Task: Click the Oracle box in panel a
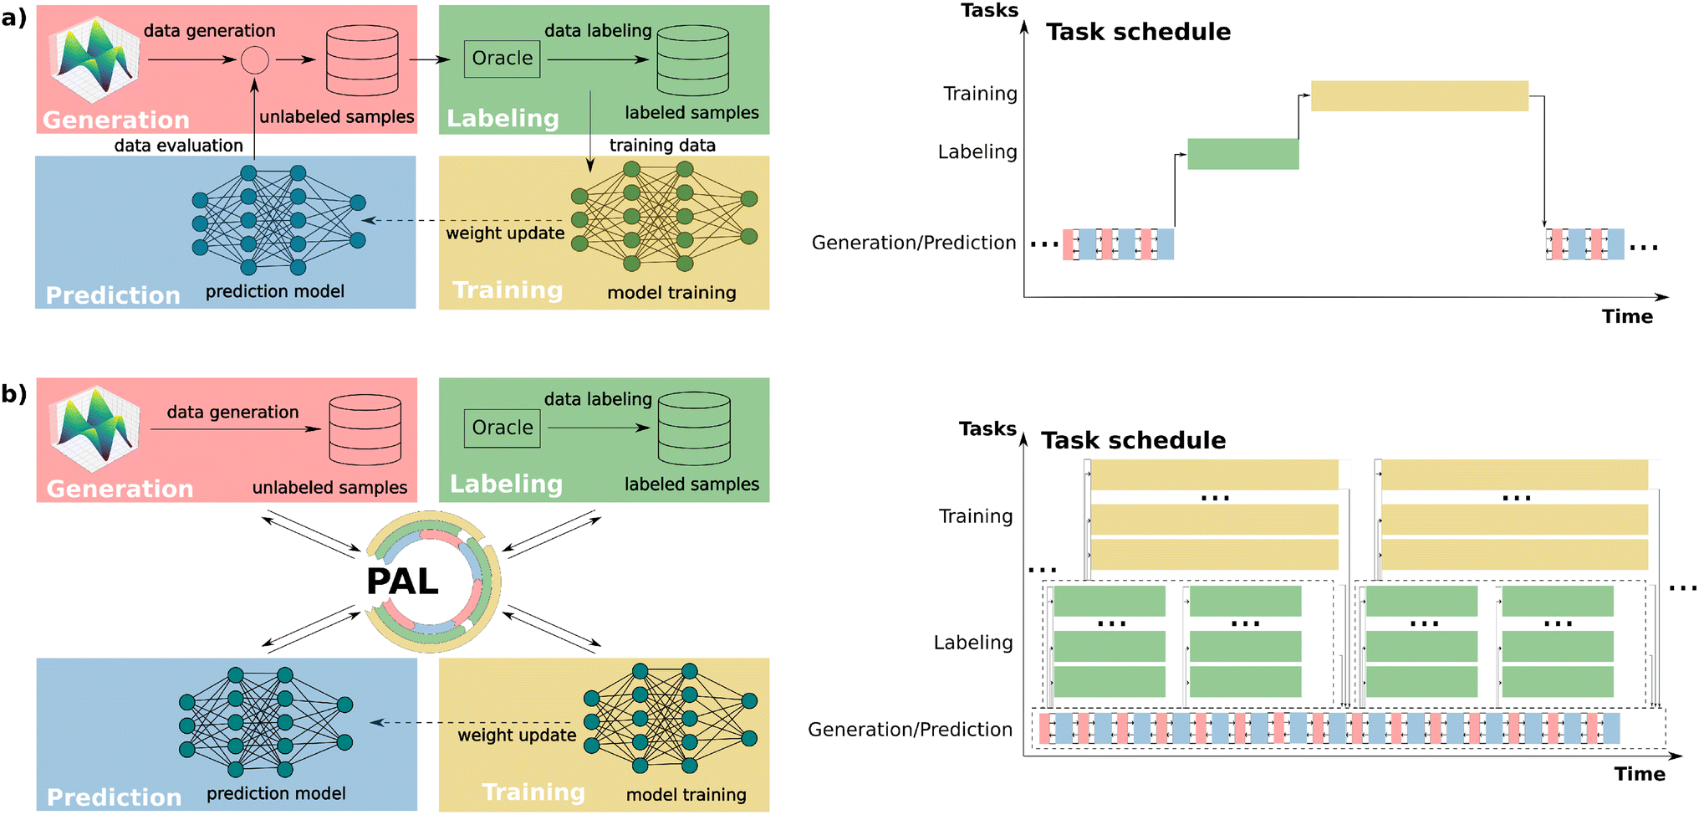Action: tap(502, 59)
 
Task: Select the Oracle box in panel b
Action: tap(502, 428)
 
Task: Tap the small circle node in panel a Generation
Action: tap(255, 59)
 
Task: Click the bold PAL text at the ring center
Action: tap(402, 582)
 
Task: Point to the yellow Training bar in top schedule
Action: tap(1419, 95)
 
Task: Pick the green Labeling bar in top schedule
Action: tap(1243, 154)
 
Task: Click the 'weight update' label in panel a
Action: tap(505, 233)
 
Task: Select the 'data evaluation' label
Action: tap(179, 145)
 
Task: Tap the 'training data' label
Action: tap(662, 145)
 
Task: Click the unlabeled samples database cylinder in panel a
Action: tap(362, 60)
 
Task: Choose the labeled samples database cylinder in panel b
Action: tap(694, 428)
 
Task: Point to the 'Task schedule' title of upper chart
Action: tap(1138, 32)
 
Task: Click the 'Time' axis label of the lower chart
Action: tap(1639, 773)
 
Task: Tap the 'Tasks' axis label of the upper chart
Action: tap(989, 10)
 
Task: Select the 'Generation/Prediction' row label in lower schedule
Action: tap(910, 730)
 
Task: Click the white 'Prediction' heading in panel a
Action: tap(113, 295)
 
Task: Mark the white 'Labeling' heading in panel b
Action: tap(506, 484)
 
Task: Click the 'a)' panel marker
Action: tap(14, 18)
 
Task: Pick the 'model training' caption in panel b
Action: tap(686, 794)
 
